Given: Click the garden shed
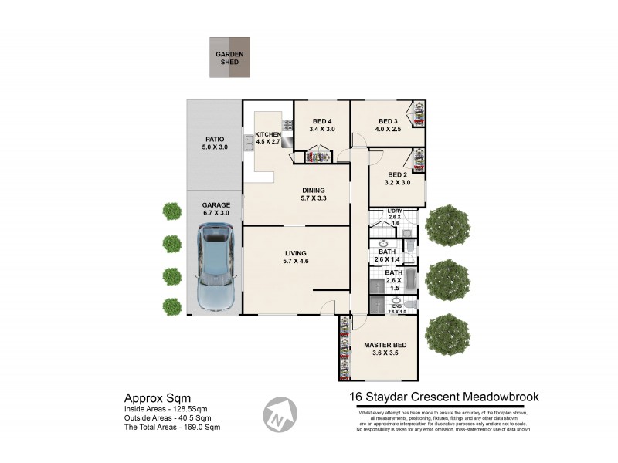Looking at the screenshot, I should pyautogui.click(x=229, y=57).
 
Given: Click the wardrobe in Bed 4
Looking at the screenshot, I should pyautogui.click(x=315, y=157).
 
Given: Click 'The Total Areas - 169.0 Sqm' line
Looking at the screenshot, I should pyautogui.click(x=172, y=427).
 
